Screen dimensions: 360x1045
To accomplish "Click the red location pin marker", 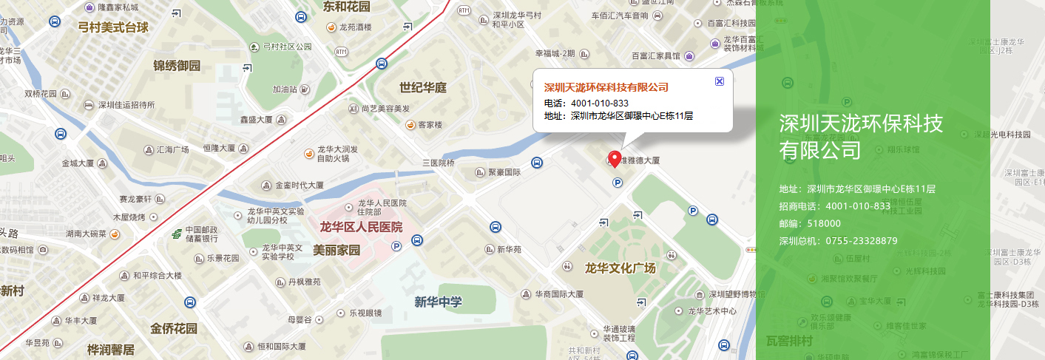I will [614, 158].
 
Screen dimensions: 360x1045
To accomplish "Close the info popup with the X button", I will [720, 81].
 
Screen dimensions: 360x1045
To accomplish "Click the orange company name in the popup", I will [606, 87].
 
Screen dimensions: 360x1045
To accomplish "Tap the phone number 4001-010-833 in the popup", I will [600, 103].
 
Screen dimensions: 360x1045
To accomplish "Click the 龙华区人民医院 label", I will [361, 227].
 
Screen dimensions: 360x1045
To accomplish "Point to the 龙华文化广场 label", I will [620, 268].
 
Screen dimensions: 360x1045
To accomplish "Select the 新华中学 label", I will [439, 302].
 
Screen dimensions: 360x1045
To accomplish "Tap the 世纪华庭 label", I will [423, 88].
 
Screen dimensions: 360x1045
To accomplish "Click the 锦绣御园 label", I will [177, 66].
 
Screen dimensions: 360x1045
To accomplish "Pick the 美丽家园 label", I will [337, 250].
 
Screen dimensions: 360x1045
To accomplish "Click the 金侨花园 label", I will [174, 328].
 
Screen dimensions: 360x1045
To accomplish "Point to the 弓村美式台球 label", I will [113, 28].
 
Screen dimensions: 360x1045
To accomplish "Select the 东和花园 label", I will [346, 7].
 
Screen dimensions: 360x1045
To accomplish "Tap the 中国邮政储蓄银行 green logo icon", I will [176, 234].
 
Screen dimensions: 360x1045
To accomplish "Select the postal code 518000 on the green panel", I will [824, 223].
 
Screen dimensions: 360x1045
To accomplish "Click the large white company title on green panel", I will [861, 136].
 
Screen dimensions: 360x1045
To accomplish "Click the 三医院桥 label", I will [438, 163].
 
